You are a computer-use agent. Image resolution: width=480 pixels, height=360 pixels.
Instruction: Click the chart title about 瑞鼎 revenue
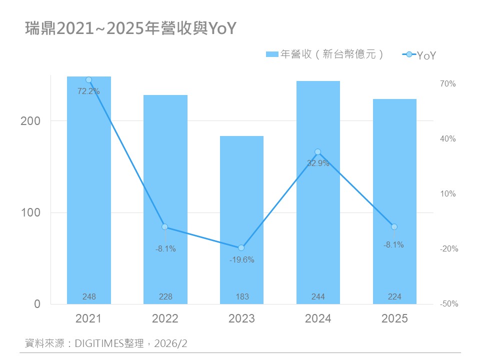click(130, 29)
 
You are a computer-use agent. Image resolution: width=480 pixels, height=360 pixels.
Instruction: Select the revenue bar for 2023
click(241, 220)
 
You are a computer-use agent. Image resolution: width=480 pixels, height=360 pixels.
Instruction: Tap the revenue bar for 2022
click(165, 200)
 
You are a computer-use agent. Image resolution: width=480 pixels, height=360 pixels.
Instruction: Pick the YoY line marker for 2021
click(89, 80)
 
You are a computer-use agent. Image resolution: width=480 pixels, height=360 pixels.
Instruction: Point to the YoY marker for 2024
click(318, 152)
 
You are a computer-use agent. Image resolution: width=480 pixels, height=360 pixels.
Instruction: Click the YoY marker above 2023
click(241, 248)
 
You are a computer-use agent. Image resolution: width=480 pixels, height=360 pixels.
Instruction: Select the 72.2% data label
click(89, 91)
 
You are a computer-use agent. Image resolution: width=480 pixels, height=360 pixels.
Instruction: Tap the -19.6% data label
click(241, 259)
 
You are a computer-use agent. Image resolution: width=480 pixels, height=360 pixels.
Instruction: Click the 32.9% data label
click(318, 163)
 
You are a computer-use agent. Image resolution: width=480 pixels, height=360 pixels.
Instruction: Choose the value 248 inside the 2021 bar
click(89, 297)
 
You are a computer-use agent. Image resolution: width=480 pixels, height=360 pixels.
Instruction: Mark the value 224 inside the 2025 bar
click(394, 297)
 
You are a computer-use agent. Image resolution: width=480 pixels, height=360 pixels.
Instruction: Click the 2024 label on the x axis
click(318, 319)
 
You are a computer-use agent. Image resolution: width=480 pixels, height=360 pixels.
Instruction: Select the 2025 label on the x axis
click(394, 319)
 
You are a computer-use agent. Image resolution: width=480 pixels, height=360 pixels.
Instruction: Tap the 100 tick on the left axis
click(37, 212)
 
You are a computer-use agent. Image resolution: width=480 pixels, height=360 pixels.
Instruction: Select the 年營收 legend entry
click(325, 54)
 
